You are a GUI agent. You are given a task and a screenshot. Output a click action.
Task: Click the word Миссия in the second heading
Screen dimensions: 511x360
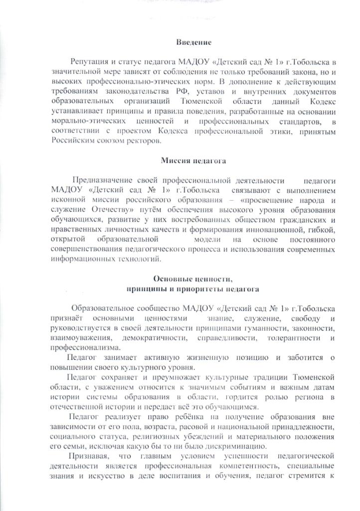[174, 161]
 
